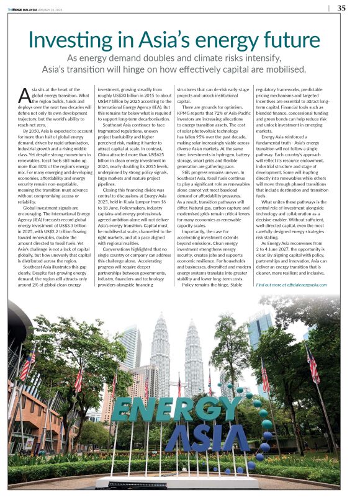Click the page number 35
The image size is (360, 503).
(x=341, y=8)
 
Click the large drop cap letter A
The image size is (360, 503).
(x=24, y=96)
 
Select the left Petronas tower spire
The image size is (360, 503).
(x=160, y=323)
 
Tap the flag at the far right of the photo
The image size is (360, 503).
(x=313, y=366)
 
